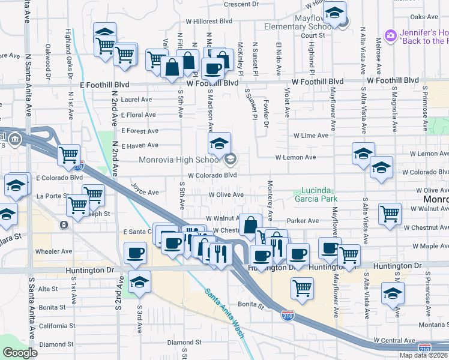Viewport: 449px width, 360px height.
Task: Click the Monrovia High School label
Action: (x=179, y=160)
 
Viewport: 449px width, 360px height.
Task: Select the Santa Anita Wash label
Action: (x=224, y=313)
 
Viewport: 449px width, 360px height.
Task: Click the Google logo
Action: (x=20, y=353)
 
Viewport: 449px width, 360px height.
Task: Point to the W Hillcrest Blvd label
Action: (x=209, y=21)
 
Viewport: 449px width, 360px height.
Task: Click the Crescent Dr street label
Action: (x=240, y=4)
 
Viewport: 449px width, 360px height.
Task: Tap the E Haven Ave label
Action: (x=139, y=145)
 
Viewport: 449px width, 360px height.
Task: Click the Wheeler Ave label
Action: (x=53, y=251)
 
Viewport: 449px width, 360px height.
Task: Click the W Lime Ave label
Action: (x=311, y=136)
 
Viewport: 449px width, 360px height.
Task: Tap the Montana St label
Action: (x=433, y=325)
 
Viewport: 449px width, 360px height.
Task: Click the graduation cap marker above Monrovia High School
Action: (x=219, y=143)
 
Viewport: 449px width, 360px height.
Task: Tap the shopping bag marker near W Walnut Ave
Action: (x=249, y=225)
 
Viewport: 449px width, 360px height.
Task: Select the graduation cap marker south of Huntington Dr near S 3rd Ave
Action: (x=139, y=281)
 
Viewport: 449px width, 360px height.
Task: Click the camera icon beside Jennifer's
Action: (x=391, y=36)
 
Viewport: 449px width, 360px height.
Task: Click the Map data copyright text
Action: (x=423, y=355)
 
